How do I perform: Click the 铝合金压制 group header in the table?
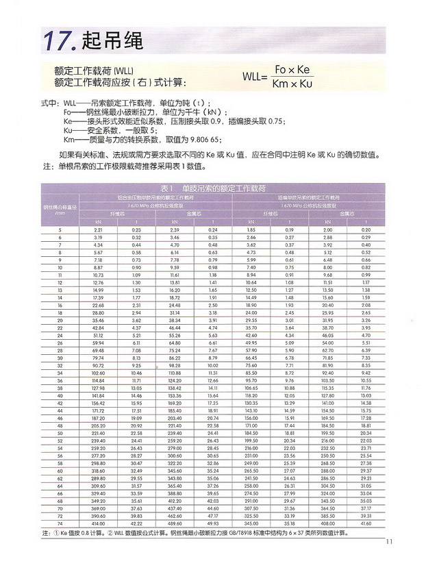[x=156, y=197]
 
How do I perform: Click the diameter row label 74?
[x=60, y=523]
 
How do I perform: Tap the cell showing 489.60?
[x=175, y=523]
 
